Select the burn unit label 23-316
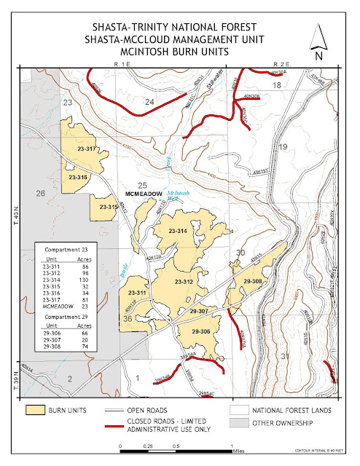coord(78,178)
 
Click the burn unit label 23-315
coord(108,207)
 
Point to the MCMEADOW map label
coord(143,195)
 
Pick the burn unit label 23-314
coord(179,231)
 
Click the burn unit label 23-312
coord(183,281)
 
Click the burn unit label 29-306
coord(200,331)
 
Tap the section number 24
coord(149,103)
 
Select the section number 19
coord(284,148)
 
